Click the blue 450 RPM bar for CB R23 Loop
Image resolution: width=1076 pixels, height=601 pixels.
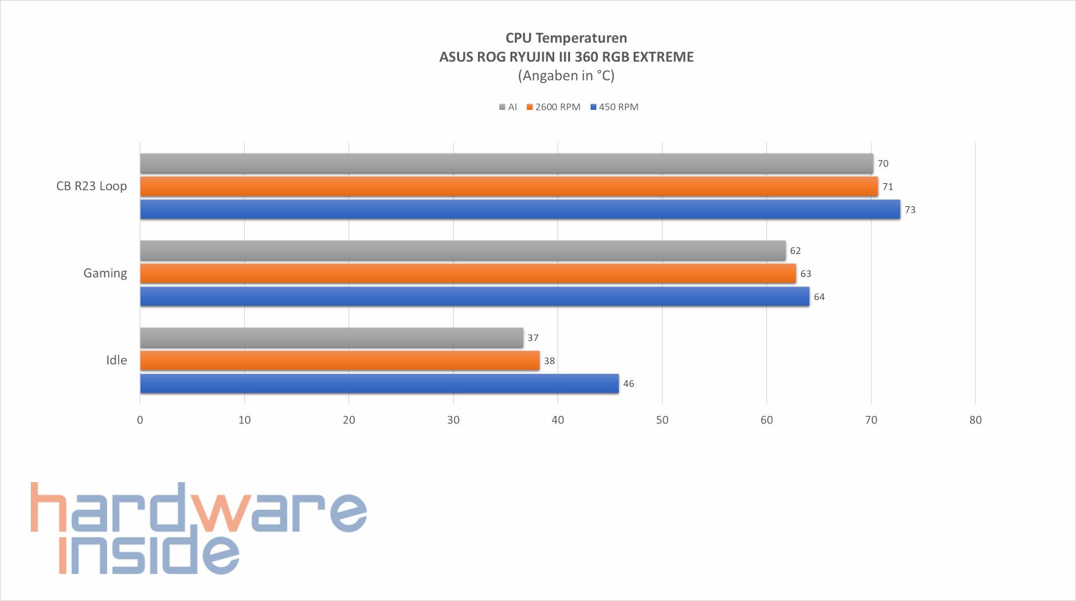tap(520, 209)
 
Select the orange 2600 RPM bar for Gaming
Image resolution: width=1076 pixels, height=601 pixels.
tap(468, 274)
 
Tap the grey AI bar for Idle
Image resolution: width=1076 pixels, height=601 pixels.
tap(331, 338)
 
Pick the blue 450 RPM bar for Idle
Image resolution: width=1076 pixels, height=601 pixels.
tap(379, 383)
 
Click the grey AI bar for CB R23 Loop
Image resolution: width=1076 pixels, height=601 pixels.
tap(507, 163)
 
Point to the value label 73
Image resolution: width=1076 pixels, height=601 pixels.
tap(910, 210)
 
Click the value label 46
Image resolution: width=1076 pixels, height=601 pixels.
tap(629, 384)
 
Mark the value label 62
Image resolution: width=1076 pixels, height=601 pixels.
tap(795, 251)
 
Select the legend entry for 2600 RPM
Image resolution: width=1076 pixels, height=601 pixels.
tap(553, 107)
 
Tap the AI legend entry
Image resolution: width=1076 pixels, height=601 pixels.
tap(508, 107)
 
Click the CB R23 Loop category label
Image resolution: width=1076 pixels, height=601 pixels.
tap(91, 186)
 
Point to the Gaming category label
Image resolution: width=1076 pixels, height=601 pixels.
tap(105, 273)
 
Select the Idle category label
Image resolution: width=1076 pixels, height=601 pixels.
tap(117, 360)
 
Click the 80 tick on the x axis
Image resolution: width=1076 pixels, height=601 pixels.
tap(975, 420)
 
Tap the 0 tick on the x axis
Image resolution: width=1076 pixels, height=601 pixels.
tap(140, 420)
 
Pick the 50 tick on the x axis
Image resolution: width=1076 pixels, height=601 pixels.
tap(662, 420)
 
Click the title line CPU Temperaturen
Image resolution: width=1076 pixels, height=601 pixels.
tap(566, 38)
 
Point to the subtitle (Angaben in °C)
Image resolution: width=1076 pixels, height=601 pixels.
tap(566, 76)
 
